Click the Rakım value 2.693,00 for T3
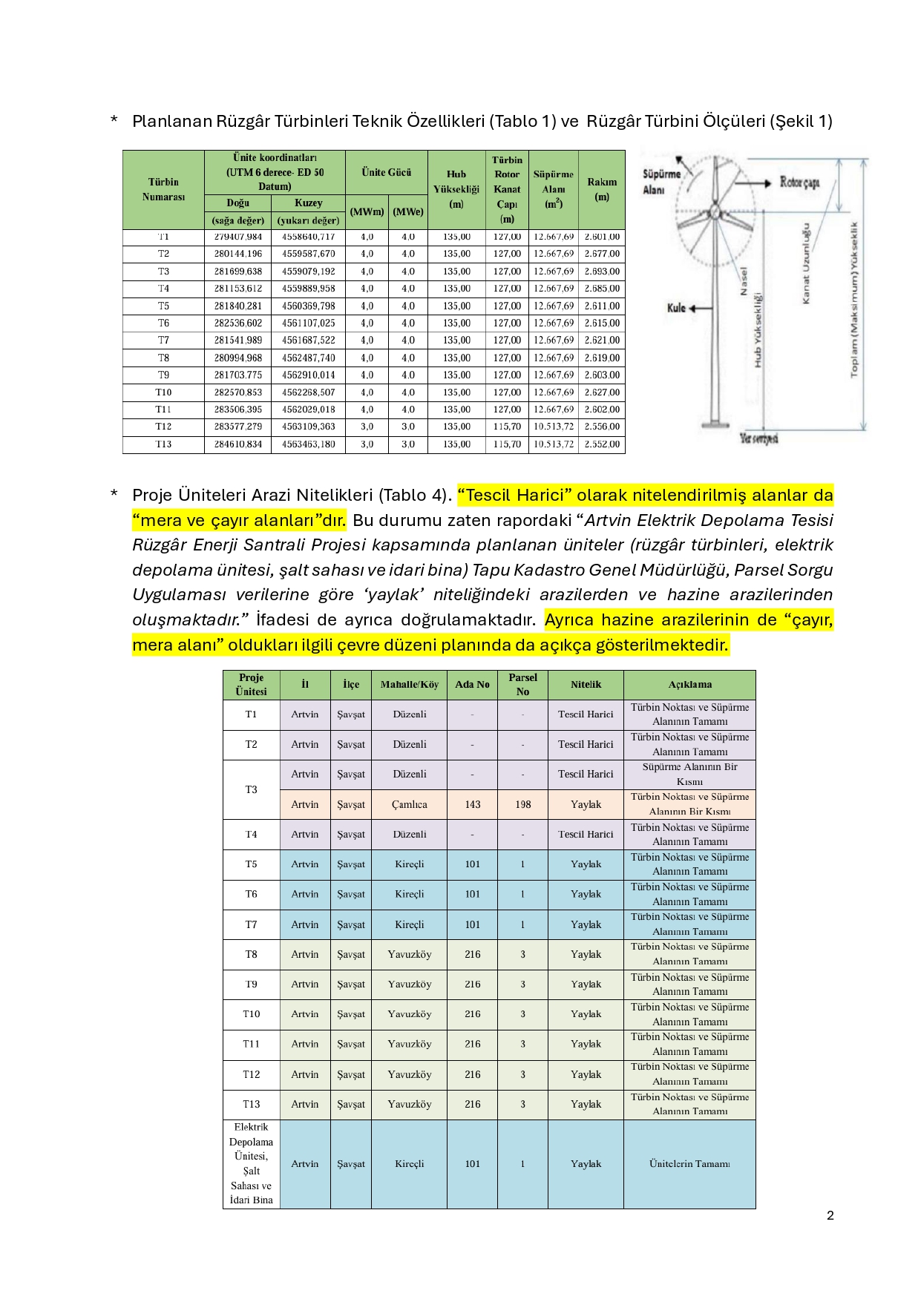[x=602, y=272]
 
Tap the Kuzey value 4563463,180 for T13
[x=308, y=444]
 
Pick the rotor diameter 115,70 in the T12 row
[x=507, y=427]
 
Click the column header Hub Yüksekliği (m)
[x=456, y=189]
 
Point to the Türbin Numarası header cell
[x=163, y=189]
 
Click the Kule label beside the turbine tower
[x=676, y=308]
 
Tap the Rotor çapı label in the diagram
[x=799, y=183]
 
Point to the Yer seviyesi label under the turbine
[x=758, y=438]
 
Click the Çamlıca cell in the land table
[x=409, y=804]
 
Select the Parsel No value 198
[x=522, y=804]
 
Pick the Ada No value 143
[x=472, y=804]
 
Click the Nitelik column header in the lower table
[x=586, y=685]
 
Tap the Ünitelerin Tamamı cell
[x=689, y=1164]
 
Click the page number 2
[x=830, y=1215]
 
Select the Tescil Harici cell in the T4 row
[x=586, y=835]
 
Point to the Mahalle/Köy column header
[x=409, y=685]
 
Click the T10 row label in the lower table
[x=251, y=1014]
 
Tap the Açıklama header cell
[x=689, y=685]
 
